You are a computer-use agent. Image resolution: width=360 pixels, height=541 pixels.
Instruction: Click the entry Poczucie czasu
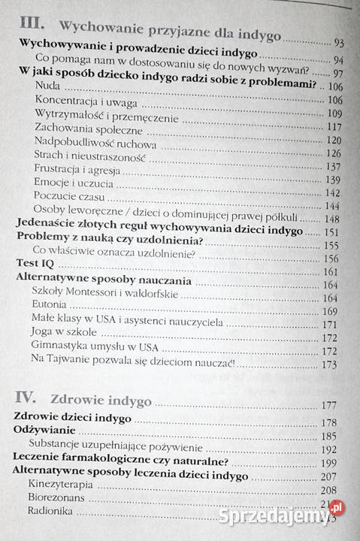click(x=65, y=195)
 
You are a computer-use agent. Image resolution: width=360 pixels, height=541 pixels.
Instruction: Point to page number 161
click(x=331, y=272)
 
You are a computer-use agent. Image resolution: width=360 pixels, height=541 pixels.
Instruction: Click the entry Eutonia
click(x=51, y=305)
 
